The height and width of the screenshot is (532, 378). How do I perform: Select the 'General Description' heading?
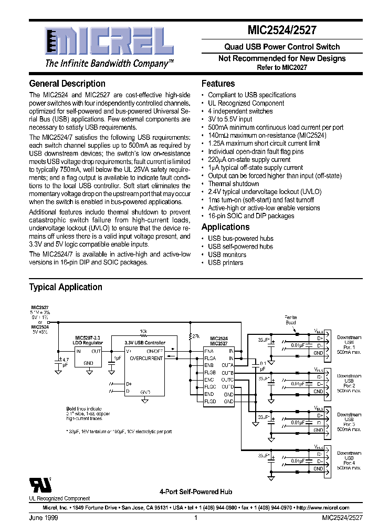click(67, 84)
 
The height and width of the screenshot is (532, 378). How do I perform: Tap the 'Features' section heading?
click(218, 84)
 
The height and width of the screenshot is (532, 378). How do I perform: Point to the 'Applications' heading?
click(225, 227)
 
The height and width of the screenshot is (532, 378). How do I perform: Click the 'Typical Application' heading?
click(66, 287)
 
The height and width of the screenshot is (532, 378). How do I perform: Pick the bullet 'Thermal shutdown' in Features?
click(233, 184)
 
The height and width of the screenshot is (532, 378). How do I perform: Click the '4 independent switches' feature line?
click(240, 111)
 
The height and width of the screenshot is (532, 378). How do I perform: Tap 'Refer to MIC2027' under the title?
click(282, 67)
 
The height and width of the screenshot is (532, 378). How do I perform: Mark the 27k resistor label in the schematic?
click(196, 335)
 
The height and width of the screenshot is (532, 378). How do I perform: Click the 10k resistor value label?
click(143, 331)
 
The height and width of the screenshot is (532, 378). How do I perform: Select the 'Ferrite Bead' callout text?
click(290, 320)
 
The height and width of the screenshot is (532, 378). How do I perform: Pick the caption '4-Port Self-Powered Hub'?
click(195, 492)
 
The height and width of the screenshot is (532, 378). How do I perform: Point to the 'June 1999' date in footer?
click(43, 518)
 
